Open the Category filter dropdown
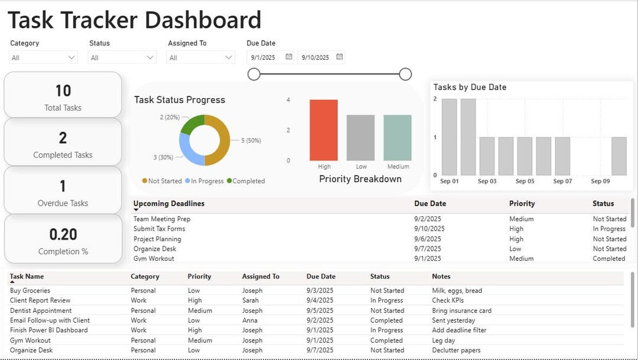coord(44,57)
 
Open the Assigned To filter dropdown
coord(201,57)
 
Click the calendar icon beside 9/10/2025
coord(340,57)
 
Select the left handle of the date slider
coord(254,74)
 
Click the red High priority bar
coord(324,130)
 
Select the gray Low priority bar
coord(360,138)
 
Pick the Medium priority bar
coord(398,138)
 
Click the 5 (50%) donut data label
coord(251,141)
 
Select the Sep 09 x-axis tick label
coord(600,181)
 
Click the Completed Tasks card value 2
coord(63,138)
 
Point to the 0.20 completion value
coord(63,235)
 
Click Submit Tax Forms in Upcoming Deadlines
coord(159,229)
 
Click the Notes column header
coord(441,277)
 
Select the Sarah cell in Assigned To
coord(251,300)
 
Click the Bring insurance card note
coord(461,310)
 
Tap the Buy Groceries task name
coord(30,291)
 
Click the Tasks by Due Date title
coord(470,87)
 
